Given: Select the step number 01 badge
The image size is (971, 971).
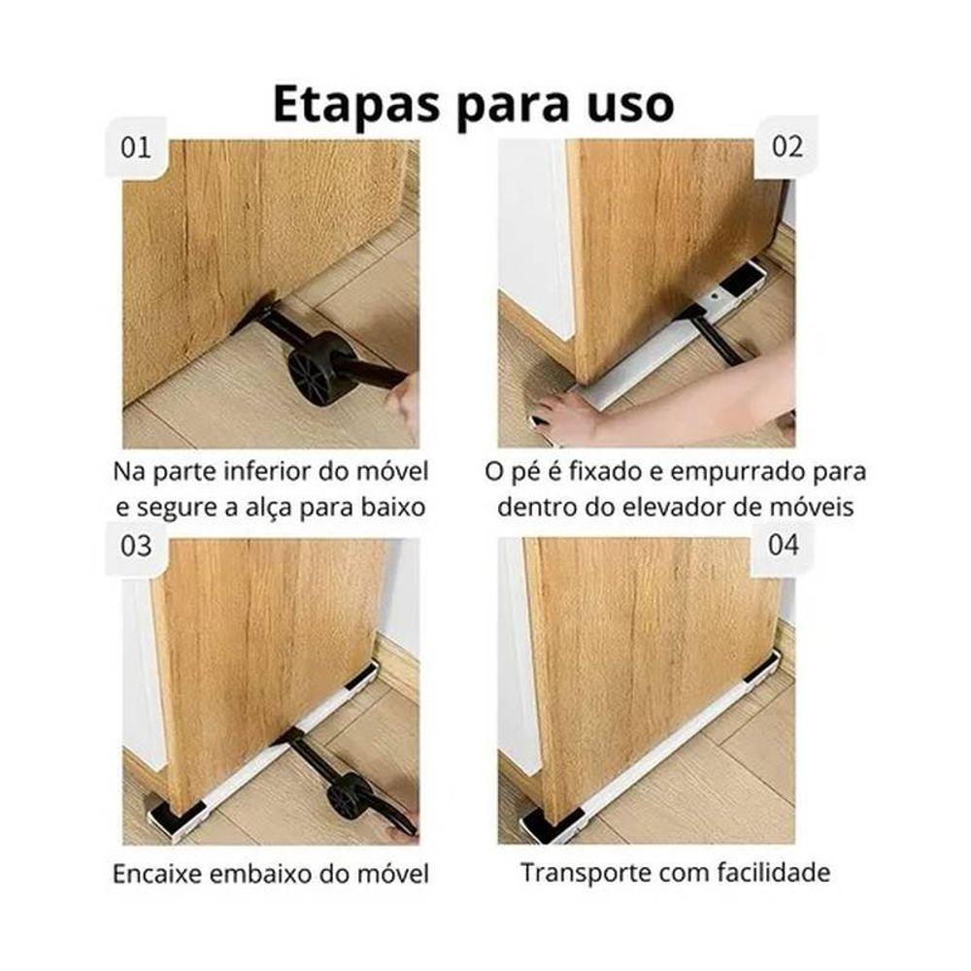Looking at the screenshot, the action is point(136,148).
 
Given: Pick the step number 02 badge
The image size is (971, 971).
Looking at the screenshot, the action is point(787,147).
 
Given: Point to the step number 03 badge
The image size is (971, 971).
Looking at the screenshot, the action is point(136,546).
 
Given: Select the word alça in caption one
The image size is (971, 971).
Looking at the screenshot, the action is point(267,509).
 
